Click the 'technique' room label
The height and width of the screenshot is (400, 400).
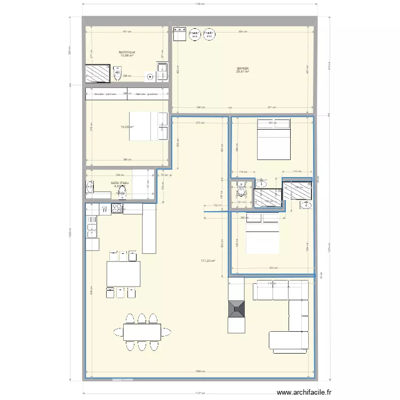tap(127, 52)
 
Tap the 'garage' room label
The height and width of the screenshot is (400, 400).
tap(243, 68)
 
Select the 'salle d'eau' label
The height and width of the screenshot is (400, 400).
tap(119, 183)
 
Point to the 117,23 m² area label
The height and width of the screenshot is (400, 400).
tap(207, 261)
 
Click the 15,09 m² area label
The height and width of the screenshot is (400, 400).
tap(126, 127)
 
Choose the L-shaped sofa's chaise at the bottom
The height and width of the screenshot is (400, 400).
tap(288, 342)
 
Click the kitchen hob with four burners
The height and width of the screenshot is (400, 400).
tap(117, 209)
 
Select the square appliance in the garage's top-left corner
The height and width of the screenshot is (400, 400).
tap(178, 34)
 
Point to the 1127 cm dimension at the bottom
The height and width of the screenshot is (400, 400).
tap(199, 394)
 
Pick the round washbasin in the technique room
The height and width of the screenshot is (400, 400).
tap(150, 77)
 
